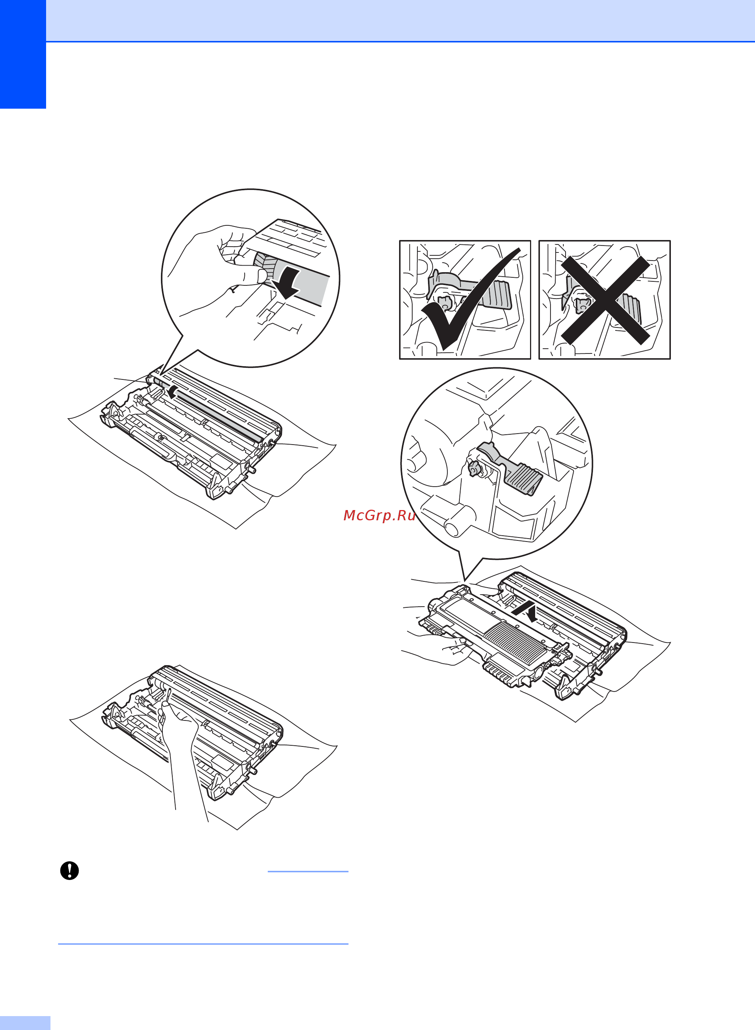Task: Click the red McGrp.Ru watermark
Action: coord(379,515)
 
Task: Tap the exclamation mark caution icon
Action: coord(70,870)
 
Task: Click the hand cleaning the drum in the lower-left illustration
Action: coord(181,750)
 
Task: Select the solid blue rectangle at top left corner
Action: coord(23,54)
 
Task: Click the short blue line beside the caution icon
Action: coord(308,871)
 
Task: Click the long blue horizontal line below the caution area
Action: coord(203,944)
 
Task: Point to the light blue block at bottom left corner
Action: coord(25,1023)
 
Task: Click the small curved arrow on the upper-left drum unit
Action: coord(172,391)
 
